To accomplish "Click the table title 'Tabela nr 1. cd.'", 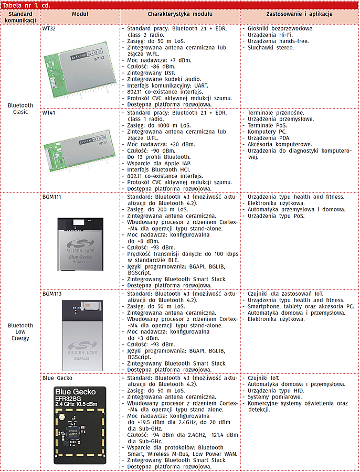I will pyautogui.click(x=25, y=5).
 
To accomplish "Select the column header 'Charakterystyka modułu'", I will pyautogui.click(x=180, y=14).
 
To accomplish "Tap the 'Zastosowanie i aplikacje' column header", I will pyautogui.click(x=300, y=14).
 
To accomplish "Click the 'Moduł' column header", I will pyautogui.click(x=80, y=14).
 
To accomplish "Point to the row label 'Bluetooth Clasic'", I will pyautogui.click(x=20, y=109).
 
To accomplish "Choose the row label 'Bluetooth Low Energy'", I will pyautogui.click(x=20, y=331).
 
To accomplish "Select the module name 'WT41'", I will pyautogui.click(x=49, y=113).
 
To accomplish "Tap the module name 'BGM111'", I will pyautogui.click(x=52, y=197).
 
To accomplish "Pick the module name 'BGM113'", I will pyautogui.click(x=52, y=294).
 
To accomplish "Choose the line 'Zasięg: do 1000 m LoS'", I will pyautogui.click(x=158, y=125).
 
